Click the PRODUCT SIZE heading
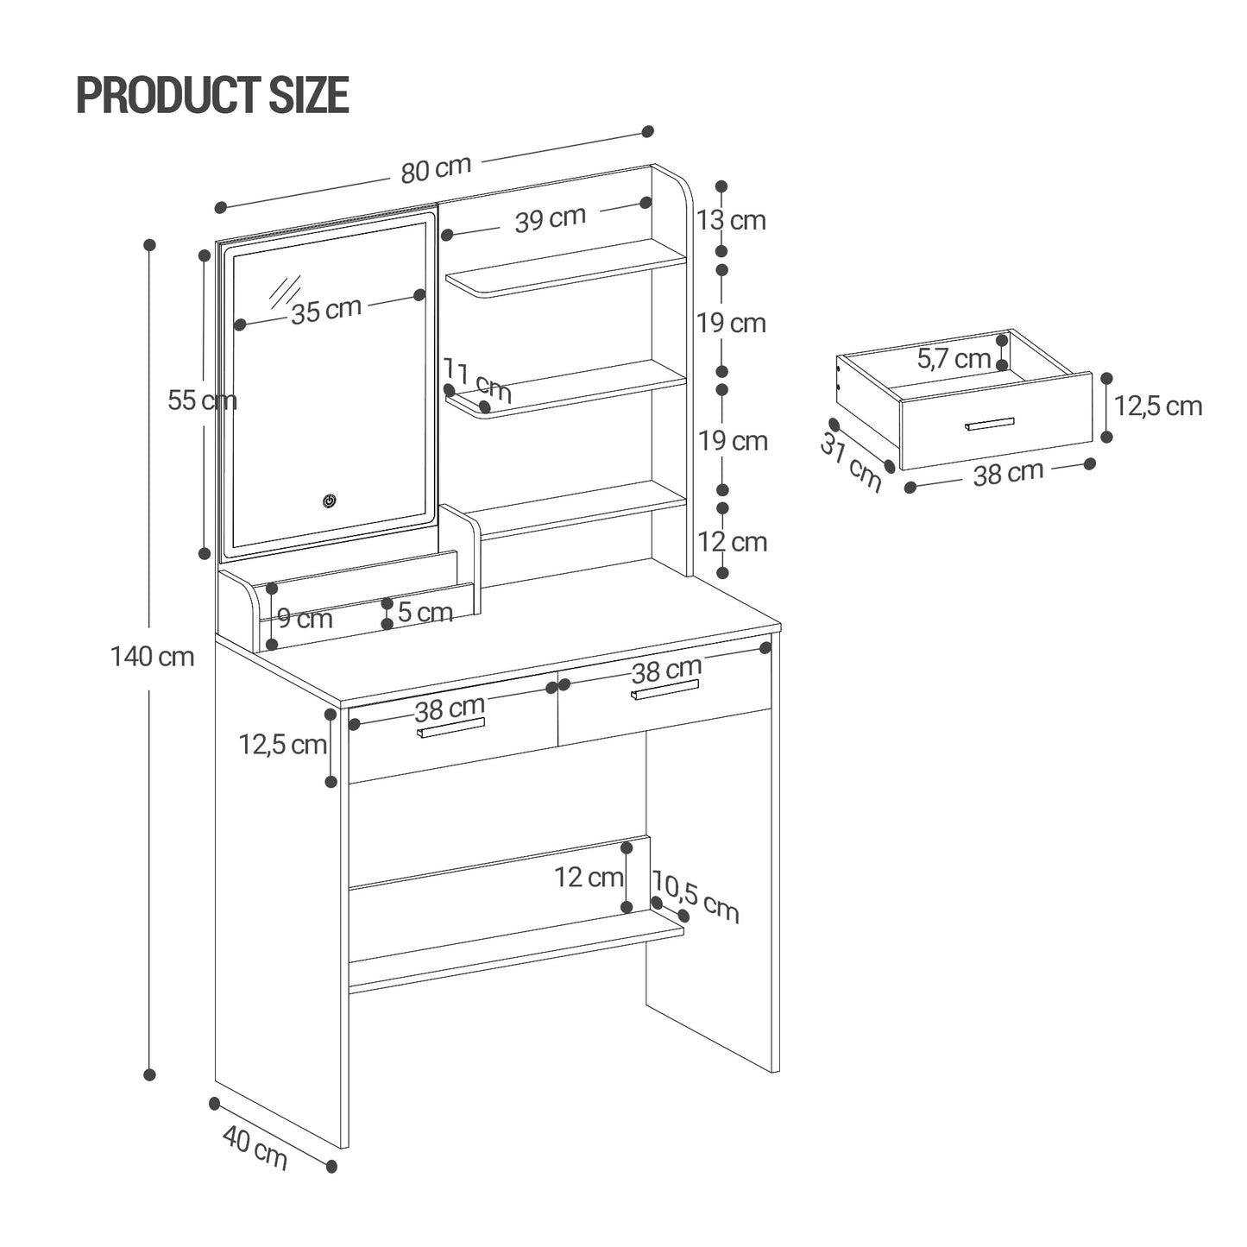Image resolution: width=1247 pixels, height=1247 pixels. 212,95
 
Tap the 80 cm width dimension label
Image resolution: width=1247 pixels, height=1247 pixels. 436,169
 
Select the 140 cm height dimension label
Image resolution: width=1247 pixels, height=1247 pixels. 152,657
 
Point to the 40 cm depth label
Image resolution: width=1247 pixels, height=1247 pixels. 255,1148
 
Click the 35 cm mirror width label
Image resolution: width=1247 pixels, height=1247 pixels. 325,311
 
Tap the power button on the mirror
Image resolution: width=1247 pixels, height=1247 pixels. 329,501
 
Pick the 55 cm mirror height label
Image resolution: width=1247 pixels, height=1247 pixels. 201,400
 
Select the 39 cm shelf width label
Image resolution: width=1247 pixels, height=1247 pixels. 550,219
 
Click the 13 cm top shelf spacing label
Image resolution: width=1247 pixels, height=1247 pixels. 731,221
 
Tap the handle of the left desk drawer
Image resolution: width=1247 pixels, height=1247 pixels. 450,727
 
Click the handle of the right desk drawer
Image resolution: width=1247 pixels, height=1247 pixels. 664,690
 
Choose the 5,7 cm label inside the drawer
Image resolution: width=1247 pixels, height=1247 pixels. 953,358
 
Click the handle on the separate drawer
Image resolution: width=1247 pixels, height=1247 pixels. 990,424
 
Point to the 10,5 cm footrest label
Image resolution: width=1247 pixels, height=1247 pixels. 696,897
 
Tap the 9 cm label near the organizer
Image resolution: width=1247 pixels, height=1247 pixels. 305,619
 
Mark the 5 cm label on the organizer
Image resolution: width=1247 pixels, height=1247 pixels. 425,613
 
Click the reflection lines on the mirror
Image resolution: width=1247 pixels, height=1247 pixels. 286,292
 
